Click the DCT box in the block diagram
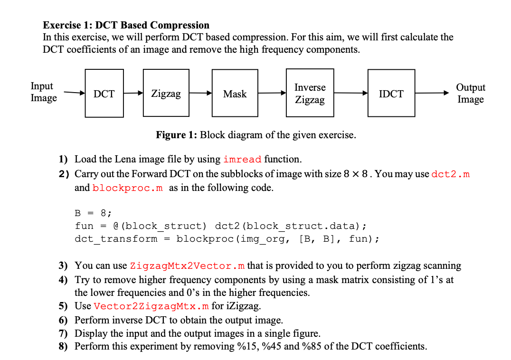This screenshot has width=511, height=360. pos(104,94)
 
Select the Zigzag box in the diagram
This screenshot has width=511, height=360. pos(166,94)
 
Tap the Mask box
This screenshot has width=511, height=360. pos(235,94)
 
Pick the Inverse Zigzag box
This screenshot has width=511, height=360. pos(310,94)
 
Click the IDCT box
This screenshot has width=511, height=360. pos(391,94)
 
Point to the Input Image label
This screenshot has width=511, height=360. pos(43,92)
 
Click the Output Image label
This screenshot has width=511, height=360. pos(470,93)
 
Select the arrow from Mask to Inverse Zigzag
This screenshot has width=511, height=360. pos(272,93)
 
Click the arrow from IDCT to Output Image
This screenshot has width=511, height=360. pos(432,93)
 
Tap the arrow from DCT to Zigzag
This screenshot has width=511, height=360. pos(133,93)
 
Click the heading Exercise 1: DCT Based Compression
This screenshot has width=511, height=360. pos(126,25)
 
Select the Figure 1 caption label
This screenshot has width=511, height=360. pos(177,135)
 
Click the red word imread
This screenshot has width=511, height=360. pos(242,159)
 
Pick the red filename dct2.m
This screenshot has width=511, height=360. pos(451,174)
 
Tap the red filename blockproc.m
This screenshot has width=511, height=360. pos(128,188)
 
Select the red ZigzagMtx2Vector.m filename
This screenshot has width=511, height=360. pos(188,265)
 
